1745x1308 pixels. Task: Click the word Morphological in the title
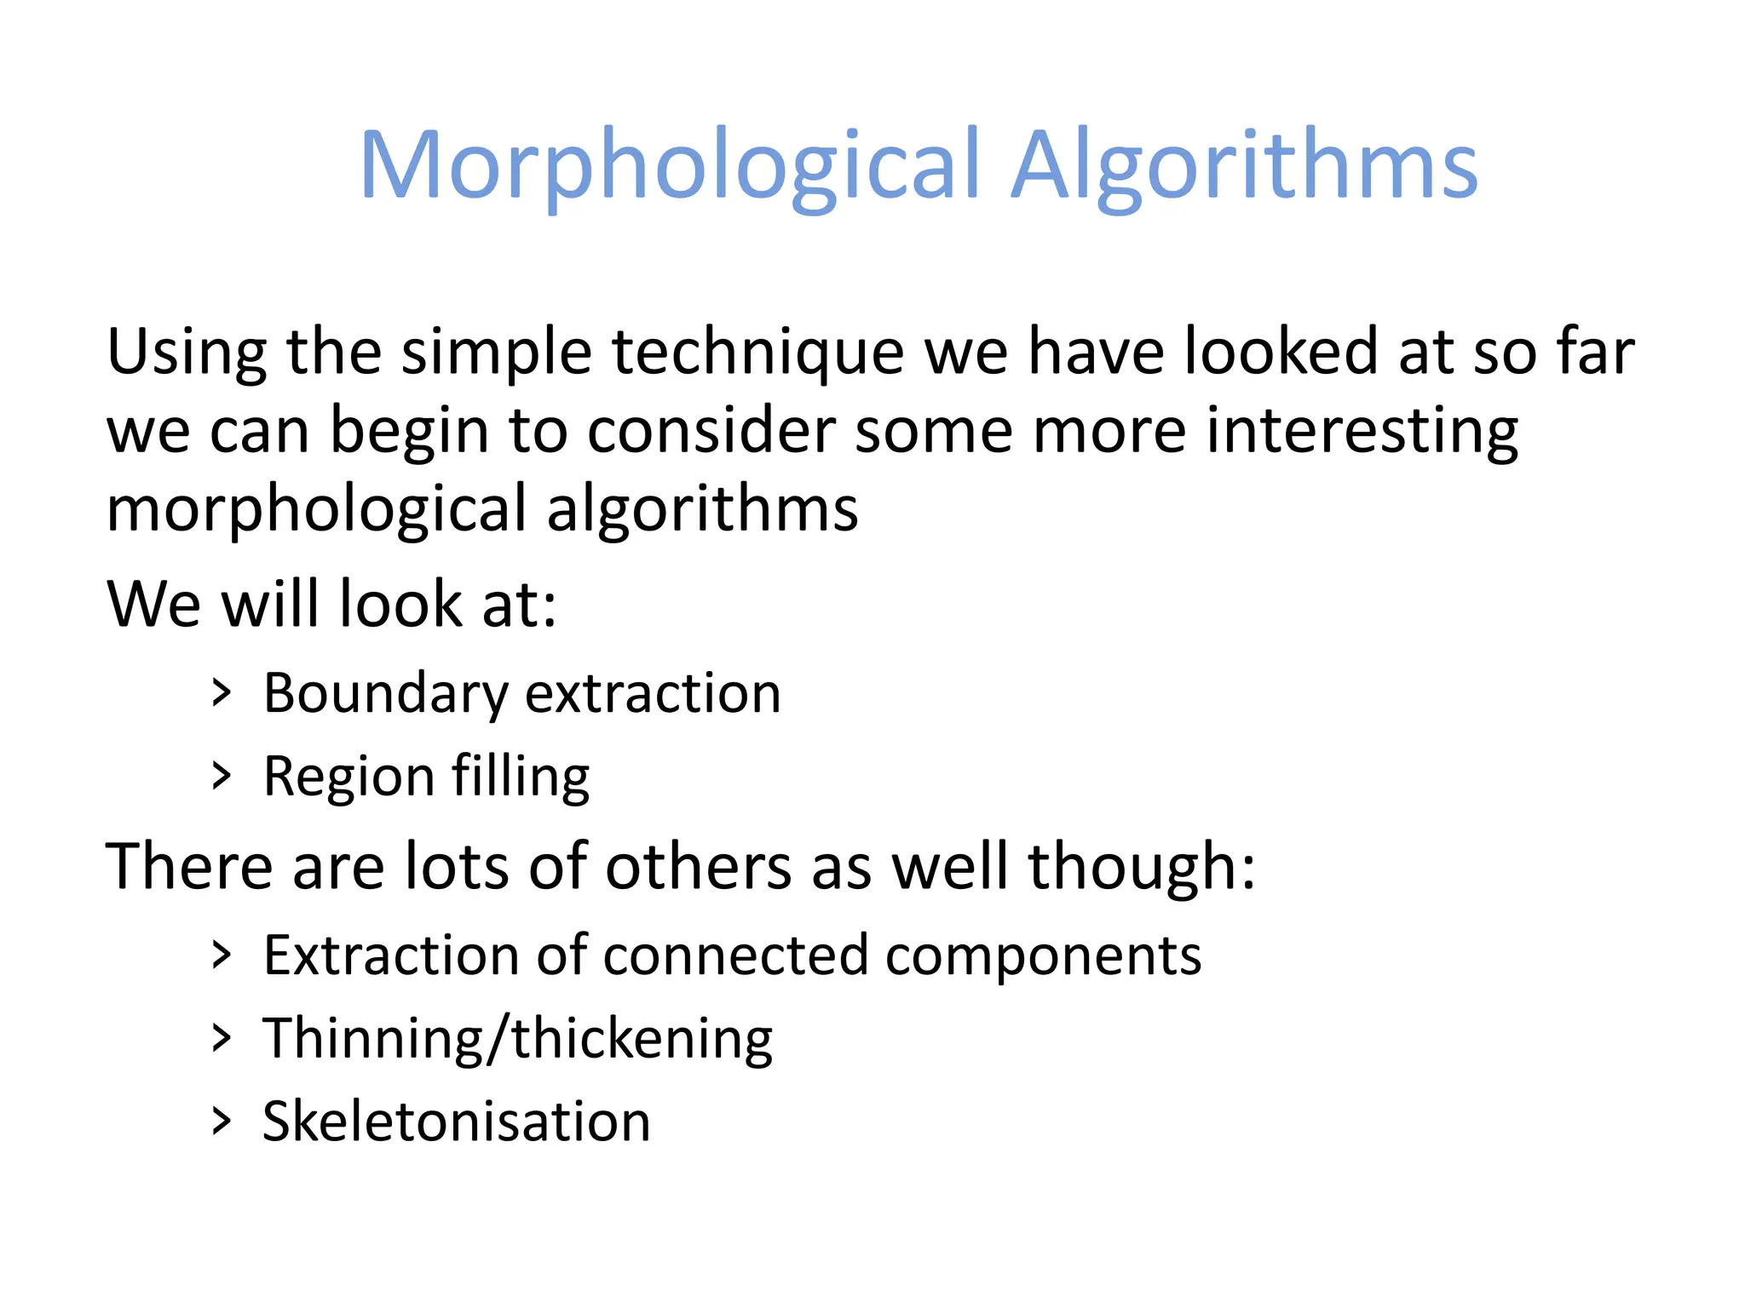[x=670, y=165]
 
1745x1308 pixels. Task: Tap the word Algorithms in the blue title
[x=1244, y=165]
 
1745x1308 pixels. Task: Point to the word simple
[x=496, y=353]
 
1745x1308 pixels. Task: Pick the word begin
[x=409, y=431]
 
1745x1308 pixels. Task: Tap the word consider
[x=711, y=429]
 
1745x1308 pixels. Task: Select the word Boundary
[x=385, y=694]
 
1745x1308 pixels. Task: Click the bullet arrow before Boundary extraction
[x=222, y=693]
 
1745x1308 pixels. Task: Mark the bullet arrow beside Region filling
[x=222, y=777]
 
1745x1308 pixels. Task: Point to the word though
[x=1142, y=867]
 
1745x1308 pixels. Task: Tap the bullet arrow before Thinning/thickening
[x=222, y=1038]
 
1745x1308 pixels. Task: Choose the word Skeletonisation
[x=457, y=1122]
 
